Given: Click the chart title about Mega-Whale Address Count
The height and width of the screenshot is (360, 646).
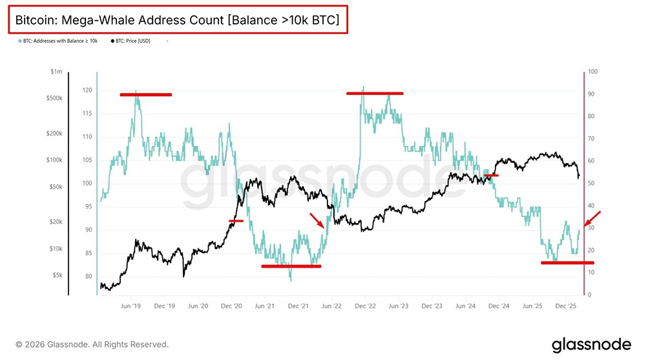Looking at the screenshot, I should pos(177,20).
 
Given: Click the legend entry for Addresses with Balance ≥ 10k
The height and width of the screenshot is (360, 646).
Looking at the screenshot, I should pos(59,41).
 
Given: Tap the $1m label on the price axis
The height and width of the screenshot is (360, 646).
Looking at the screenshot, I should pos(56,72).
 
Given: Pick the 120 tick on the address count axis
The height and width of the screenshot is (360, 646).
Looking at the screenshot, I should pos(87,90).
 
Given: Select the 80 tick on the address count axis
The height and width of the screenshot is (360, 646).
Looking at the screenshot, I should pos(89,277).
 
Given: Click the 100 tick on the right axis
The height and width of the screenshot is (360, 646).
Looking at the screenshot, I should pos(592,72).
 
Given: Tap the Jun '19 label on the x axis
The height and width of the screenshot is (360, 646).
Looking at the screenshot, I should pos(132,306).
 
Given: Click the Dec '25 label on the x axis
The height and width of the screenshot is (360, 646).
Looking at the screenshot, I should pos(566,306).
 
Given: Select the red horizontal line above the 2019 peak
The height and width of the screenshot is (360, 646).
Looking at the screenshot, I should pos(146,95).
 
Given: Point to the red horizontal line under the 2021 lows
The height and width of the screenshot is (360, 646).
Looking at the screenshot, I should pos(291,266).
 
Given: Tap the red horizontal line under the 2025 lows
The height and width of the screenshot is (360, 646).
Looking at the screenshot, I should pos(567,262).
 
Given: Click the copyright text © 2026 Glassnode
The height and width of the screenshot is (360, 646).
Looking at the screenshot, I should pos(92,344).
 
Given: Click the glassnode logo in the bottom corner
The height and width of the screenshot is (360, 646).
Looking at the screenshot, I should pos(590,344).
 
